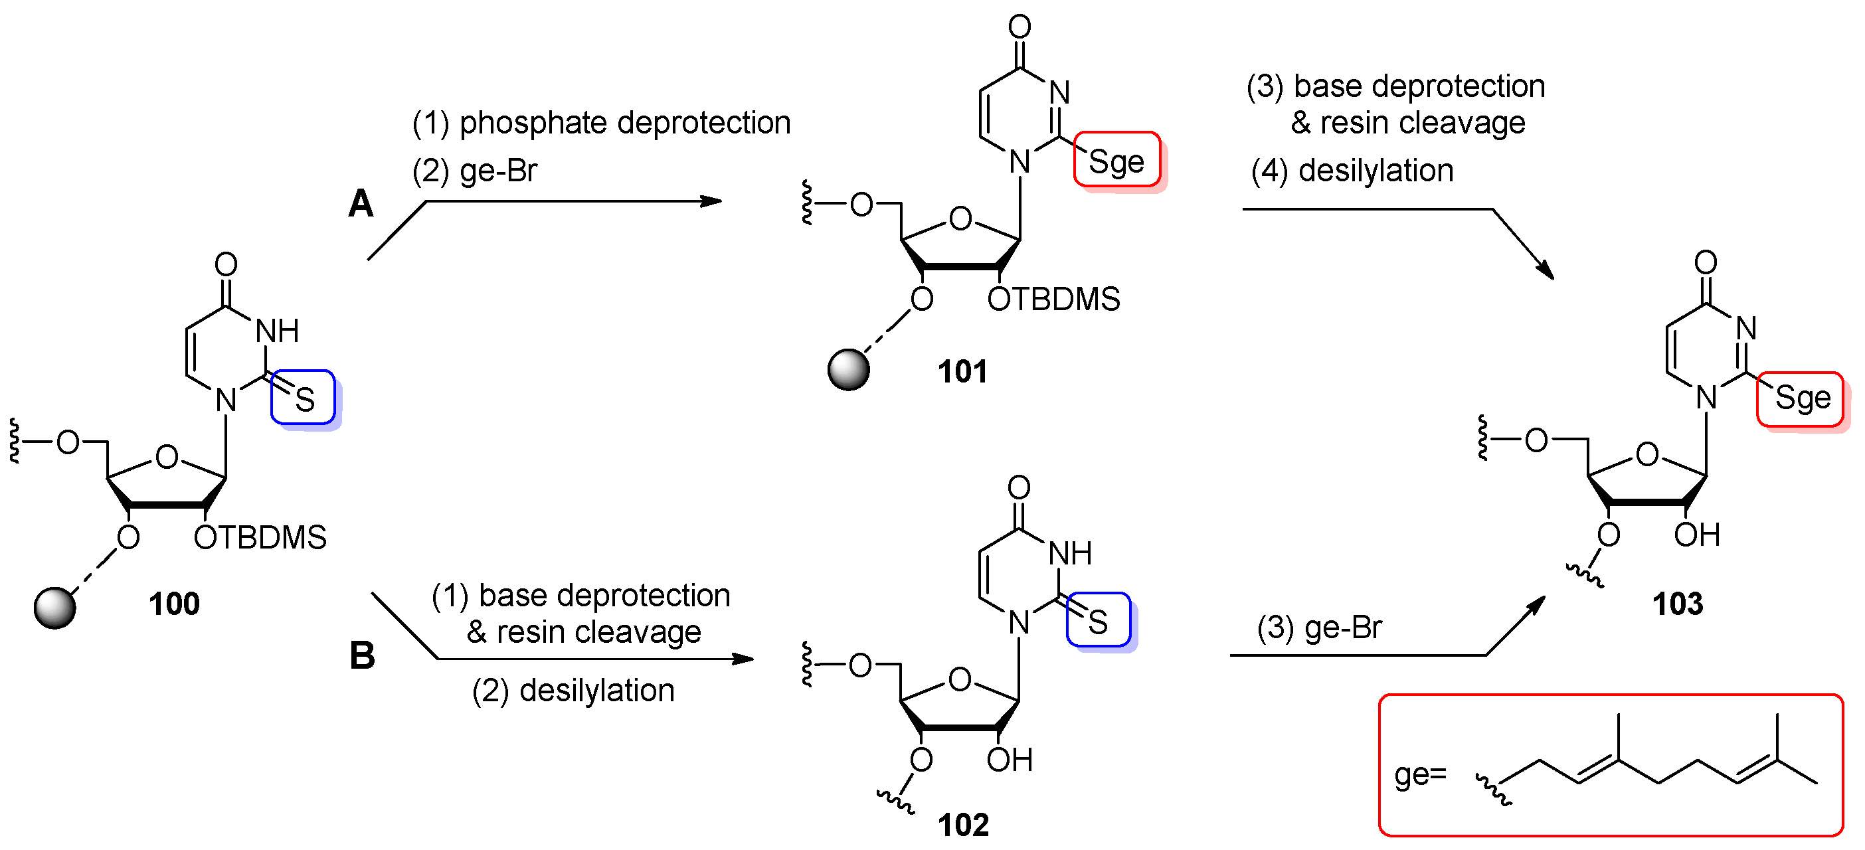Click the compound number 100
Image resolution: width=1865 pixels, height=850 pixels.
[174, 604]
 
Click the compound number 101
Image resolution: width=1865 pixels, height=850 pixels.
[962, 371]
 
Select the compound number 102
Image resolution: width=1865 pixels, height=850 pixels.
[962, 825]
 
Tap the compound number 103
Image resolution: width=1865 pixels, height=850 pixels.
[1677, 604]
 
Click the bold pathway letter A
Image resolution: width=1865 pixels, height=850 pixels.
[361, 203]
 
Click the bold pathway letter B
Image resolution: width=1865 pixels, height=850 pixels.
[362, 656]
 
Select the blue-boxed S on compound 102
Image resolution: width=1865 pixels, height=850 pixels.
[1098, 621]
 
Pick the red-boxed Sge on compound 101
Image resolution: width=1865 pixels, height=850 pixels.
[1116, 161]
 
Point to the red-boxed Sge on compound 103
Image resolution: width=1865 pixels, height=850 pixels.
[1802, 398]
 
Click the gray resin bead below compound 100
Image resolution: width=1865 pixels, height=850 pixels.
[55, 608]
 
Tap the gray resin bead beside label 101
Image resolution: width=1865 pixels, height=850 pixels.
[847, 370]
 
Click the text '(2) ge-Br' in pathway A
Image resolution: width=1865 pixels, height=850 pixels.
[474, 171]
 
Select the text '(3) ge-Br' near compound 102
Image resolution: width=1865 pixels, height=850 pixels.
[1319, 627]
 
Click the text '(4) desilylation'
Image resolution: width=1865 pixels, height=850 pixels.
[1352, 171]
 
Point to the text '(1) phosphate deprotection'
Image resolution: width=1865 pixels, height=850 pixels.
[601, 122]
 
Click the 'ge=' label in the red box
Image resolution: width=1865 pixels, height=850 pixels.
[1420, 775]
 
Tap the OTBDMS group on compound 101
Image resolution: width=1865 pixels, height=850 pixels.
[1053, 299]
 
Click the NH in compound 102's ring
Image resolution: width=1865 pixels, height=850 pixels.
[1069, 553]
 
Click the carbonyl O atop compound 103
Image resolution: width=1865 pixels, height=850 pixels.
[1706, 262]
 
